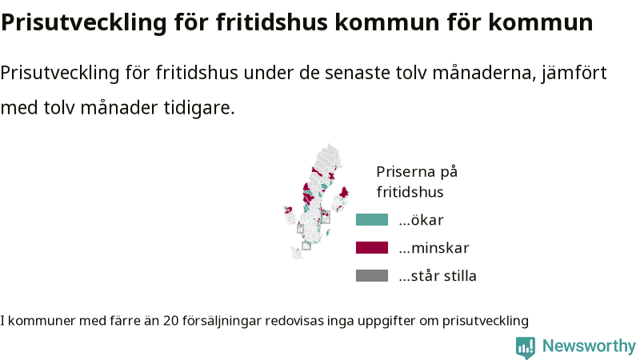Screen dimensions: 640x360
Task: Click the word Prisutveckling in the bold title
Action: coord(84,23)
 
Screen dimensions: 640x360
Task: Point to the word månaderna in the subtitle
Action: coord(484,74)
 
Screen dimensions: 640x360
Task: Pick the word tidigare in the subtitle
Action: coord(199,108)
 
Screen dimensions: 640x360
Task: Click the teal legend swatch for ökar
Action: coord(372,219)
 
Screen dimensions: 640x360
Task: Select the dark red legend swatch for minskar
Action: coord(372,248)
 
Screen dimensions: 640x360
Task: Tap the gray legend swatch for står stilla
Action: coord(372,275)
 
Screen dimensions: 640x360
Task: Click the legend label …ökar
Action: coord(422,220)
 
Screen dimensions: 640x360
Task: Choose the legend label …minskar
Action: coord(434,248)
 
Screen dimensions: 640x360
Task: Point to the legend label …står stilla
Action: coord(438,275)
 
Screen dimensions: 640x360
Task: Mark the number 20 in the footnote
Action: coord(171,321)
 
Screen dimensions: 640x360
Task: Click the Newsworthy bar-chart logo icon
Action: coord(526,347)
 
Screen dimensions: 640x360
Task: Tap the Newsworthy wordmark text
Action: coord(589,346)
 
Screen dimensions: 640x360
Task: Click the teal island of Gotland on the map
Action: coord(328,233)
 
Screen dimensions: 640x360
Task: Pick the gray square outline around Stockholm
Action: coord(326,218)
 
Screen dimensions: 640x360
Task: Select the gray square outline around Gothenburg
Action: coord(301,229)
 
